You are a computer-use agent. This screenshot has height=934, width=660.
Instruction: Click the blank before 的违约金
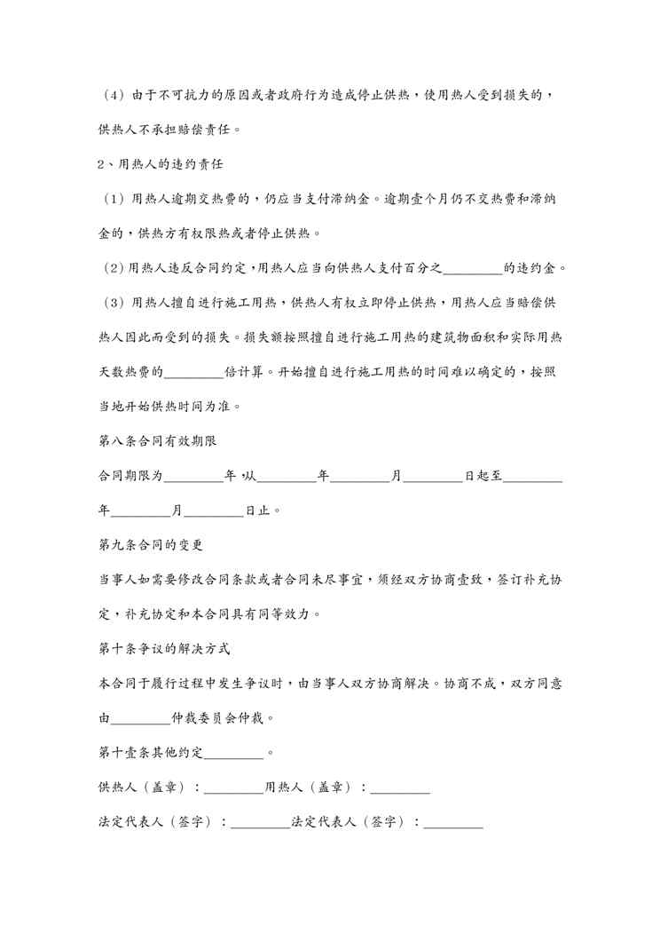pyautogui.click(x=471, y=269)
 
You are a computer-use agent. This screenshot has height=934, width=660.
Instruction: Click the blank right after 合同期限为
pyautogui.click(x=194, y=477)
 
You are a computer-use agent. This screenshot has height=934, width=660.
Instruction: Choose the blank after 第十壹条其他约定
pyautogui.click(x=233, y=754)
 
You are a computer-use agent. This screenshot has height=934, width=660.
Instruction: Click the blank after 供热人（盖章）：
pyautogui.click(x=234, y=788)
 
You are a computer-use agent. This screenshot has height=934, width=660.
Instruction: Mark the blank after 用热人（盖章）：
pyautogui.click(x=400, y=788)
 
